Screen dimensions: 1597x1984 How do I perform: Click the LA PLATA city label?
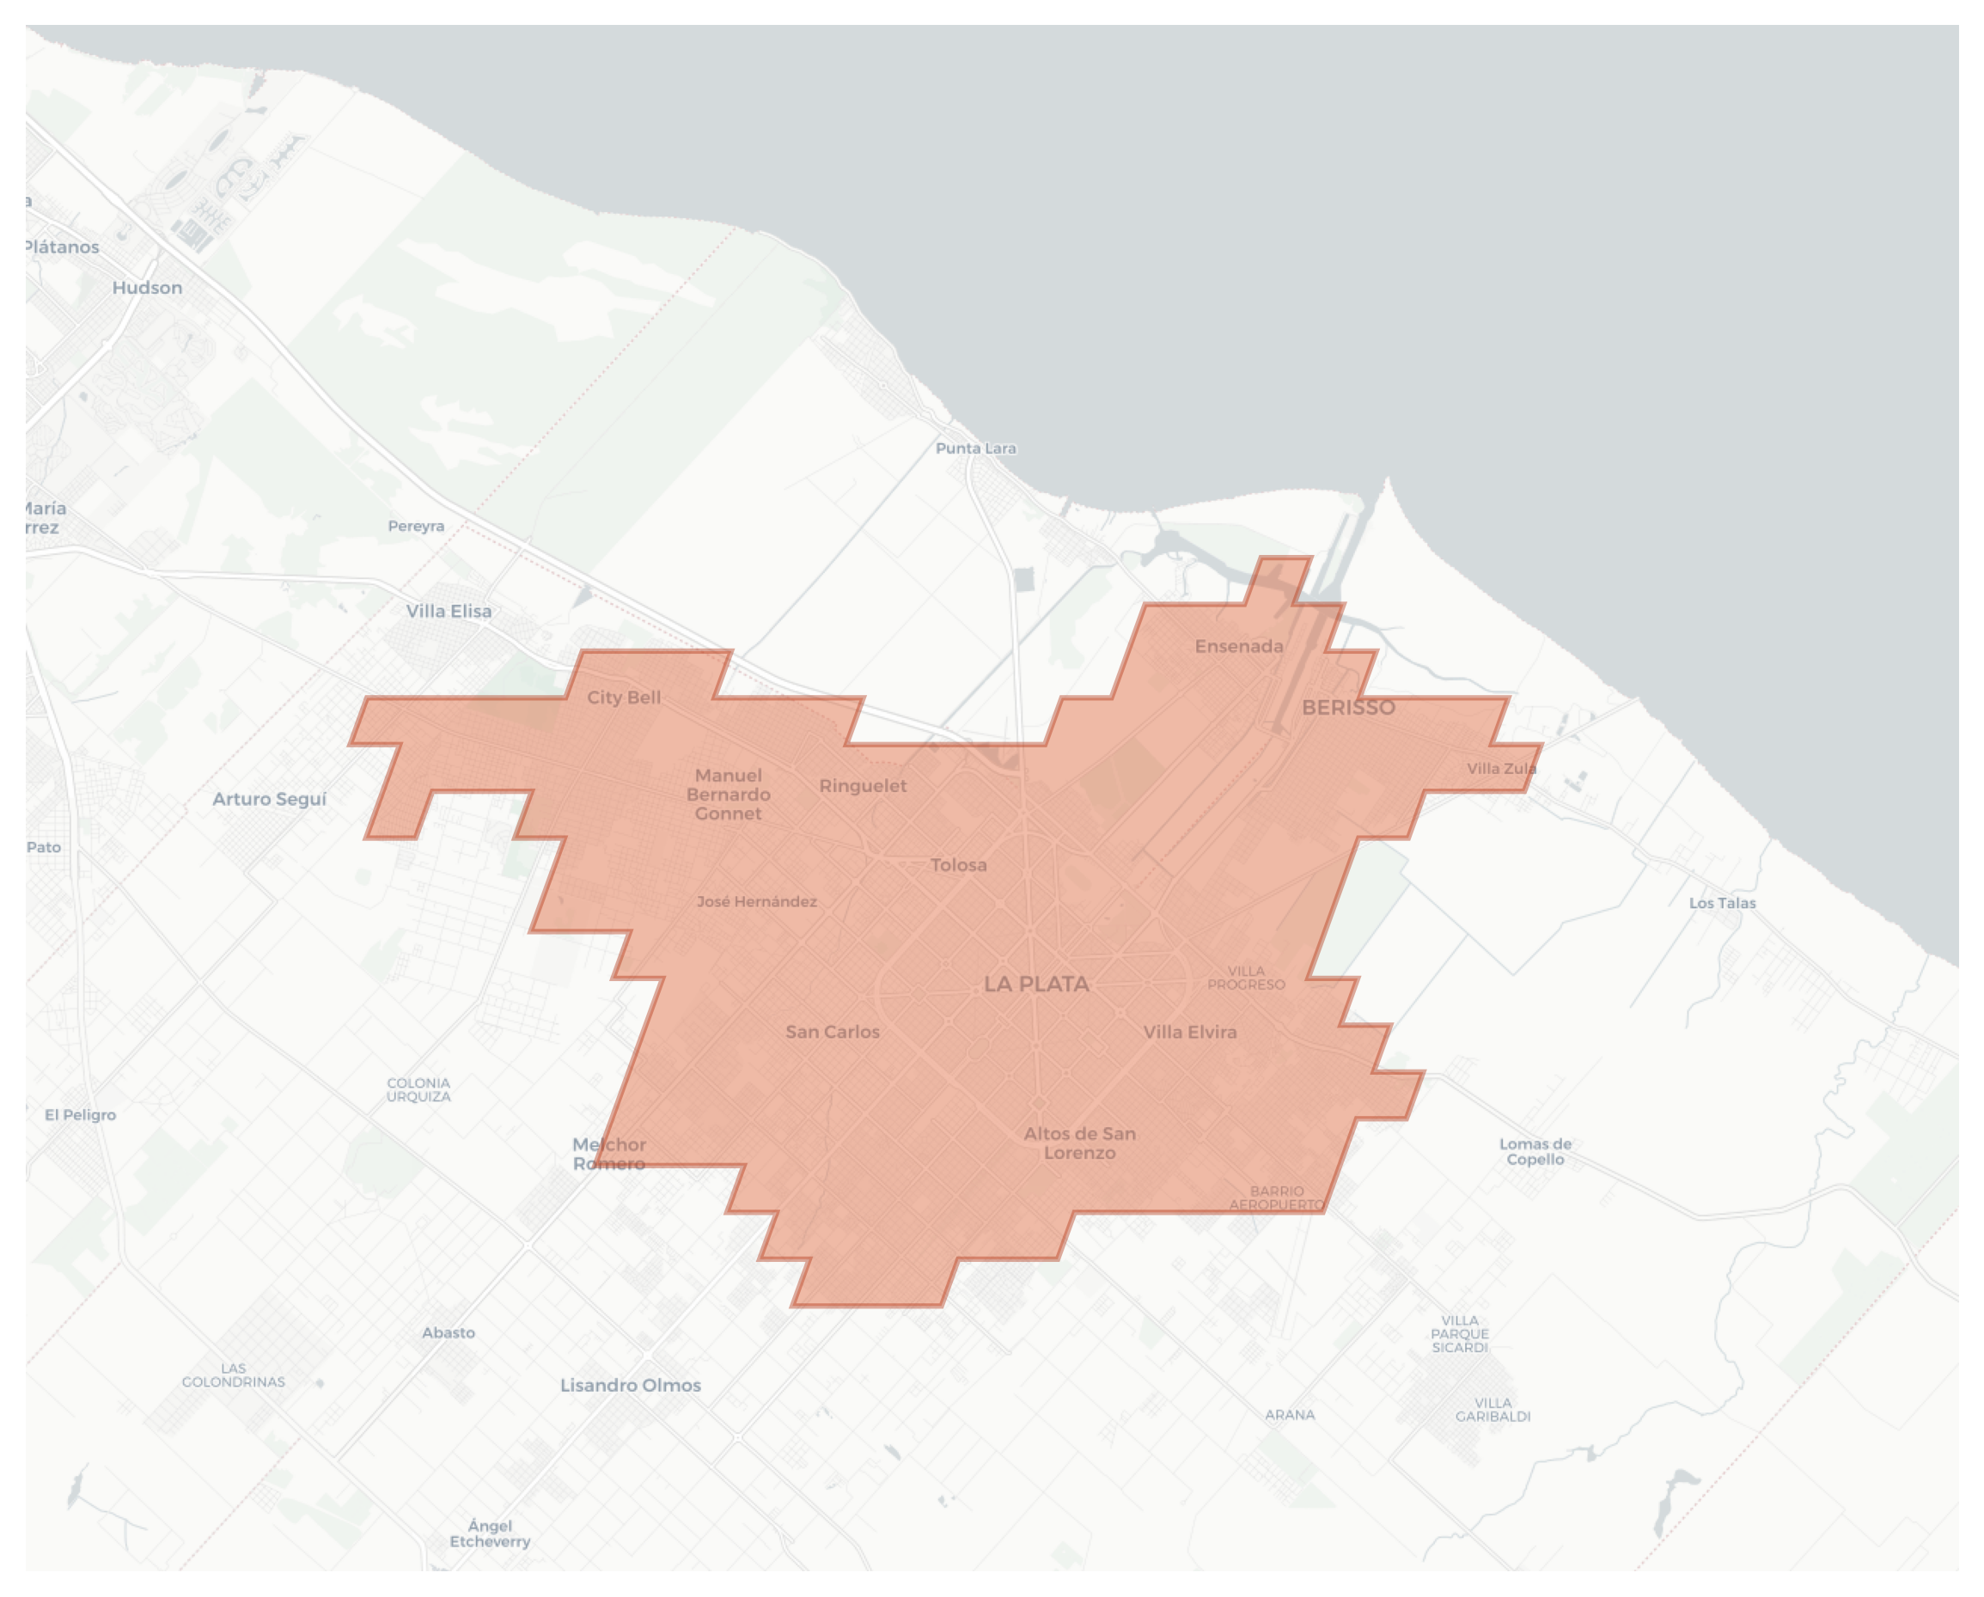point(1036,984)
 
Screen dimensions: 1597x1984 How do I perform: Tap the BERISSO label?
point(1348,707)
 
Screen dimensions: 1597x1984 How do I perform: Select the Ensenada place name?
point(1239,647)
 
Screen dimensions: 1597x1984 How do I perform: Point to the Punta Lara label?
point(975,449)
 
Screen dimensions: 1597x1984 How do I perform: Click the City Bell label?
point(624,698)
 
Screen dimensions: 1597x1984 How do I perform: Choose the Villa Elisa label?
point(449,611)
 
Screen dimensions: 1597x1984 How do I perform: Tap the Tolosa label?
point(958,865)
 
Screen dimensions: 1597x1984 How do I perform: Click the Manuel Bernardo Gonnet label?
point(728,794)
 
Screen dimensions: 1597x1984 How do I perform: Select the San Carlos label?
point(832,1032)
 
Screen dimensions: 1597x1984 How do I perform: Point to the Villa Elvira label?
point(1189,1032)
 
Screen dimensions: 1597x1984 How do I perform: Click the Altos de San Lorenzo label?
point(1079,1143)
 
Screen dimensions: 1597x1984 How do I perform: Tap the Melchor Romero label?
point(609,1154)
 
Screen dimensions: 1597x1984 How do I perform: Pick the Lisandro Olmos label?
point(631,1386)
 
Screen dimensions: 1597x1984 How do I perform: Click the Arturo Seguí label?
point(269,799)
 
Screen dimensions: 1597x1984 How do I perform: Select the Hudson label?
point(147,288)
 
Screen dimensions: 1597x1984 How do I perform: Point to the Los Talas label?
point(1722,904)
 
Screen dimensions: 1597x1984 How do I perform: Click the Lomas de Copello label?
point(1535,1152)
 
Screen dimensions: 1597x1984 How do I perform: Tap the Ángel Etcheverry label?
point(490,1533)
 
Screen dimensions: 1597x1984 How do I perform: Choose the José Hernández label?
point(756,901)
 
